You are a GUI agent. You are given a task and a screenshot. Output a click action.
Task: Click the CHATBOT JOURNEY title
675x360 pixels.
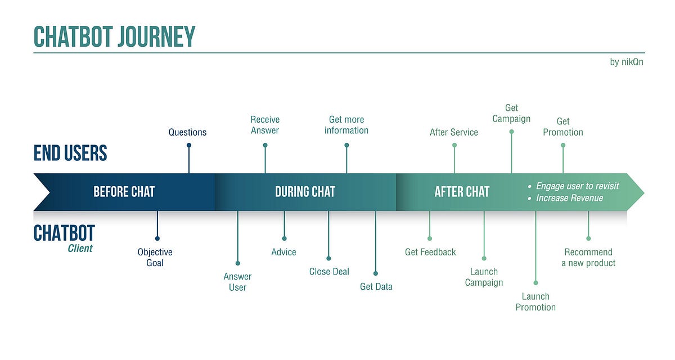[x=114, y=37]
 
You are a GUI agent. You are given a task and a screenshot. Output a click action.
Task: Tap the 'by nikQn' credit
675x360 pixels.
[x=626, y=62]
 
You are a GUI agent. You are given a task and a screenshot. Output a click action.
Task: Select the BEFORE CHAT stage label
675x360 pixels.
[x=124, y=192]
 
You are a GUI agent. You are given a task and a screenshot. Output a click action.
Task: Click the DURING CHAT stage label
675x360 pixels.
[x=305, y=192]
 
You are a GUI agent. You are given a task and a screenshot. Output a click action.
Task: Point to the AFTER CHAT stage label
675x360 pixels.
[x=462, y=192]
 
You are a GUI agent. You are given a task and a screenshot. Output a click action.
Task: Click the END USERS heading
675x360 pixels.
[x=70, y=153]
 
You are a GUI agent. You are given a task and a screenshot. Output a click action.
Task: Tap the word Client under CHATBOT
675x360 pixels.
[x=80, y=248]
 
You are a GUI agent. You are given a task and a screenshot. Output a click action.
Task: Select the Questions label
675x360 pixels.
[x=187, y=132]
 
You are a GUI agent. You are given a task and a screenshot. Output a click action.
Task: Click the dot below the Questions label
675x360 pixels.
[x=189, y=145]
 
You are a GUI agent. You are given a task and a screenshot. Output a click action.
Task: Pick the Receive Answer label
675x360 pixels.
[x=265, y=125]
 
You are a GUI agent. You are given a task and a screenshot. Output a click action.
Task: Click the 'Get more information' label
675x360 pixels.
[x=346, y=125]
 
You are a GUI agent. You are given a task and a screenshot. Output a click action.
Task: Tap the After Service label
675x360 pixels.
[x=453, y=132]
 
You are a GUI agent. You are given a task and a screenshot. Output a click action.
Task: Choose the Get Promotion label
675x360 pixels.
[x=563, y=127]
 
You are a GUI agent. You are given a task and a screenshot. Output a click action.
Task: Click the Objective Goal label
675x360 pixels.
[x=155, y=258]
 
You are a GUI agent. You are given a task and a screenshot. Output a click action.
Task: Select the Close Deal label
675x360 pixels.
[x=329, y=272]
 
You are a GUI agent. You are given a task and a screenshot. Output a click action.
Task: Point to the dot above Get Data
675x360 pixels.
[x=376, y=273]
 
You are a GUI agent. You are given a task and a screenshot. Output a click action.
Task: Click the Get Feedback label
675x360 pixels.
[x=430, y=252]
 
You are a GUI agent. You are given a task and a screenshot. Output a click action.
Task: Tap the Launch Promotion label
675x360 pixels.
[x=535, y=301]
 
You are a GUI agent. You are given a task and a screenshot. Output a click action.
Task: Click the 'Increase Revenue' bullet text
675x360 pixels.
[x=569, y=198]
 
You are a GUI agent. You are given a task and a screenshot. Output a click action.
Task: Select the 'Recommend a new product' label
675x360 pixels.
[x=588, y=258]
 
